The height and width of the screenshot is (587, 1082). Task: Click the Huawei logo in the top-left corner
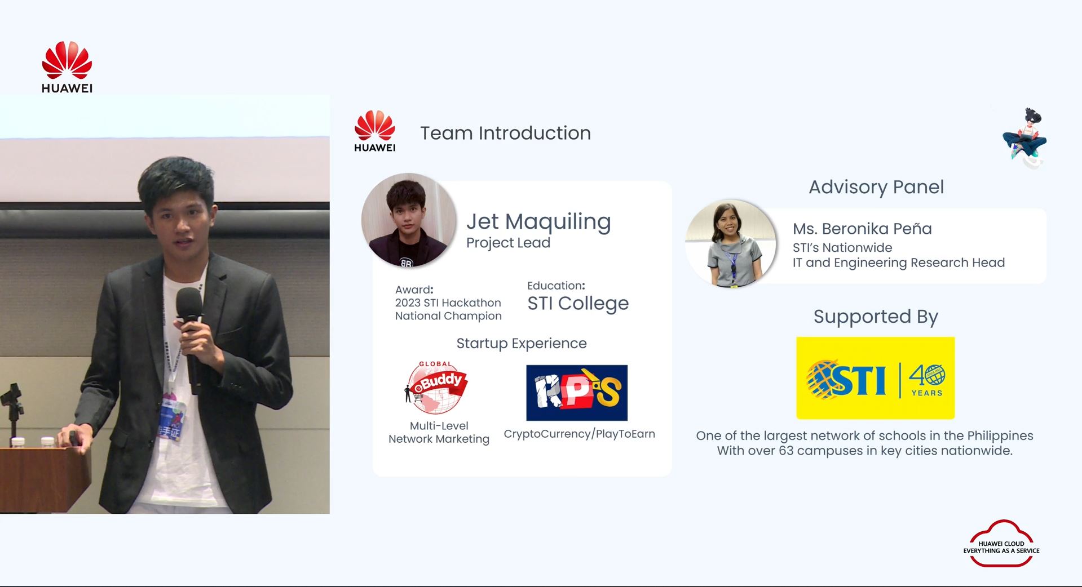pyautogui.click(x=67, y=66)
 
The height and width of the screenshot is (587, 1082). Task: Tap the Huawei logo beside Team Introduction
pyautogui.click(x=375, y=131)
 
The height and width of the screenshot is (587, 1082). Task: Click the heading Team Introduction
pyautogui.click(x=505, y=133)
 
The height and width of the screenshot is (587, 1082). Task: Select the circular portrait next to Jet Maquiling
pyautogui.click(x=408, y=220)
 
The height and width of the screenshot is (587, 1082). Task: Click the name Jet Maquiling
pyautogui.click(x=538, y=221)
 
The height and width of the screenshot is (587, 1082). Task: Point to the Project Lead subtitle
pyautogui.click(x=508, y=243)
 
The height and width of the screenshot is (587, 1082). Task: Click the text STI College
pyautogui.click(x=578, y=304)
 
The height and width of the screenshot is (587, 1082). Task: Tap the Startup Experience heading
pyautogui.click(x=522, y=343)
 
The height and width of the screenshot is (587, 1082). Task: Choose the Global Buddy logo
pyautogui.click(x=436, y=388)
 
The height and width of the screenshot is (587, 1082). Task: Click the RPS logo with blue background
pyautogui.click(x=577, y=393)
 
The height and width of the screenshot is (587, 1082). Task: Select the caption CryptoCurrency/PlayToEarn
pyautogui.click(x=579, y=434)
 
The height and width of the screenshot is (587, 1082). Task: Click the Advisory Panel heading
pyautogui.click(x=876, y=187)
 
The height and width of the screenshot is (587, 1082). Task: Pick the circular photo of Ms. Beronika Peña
pyautogui.click(x=731, y=243)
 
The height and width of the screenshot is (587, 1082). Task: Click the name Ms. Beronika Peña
pyautogui.click(x=862, y=229)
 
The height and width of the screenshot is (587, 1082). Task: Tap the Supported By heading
pyautogui.click(x=876, y=317)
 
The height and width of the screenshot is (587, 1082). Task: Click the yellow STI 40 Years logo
pyautogui.click(x=875, y=378)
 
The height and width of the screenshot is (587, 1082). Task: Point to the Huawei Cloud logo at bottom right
pyautogui.click(x=1001, y=544)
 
